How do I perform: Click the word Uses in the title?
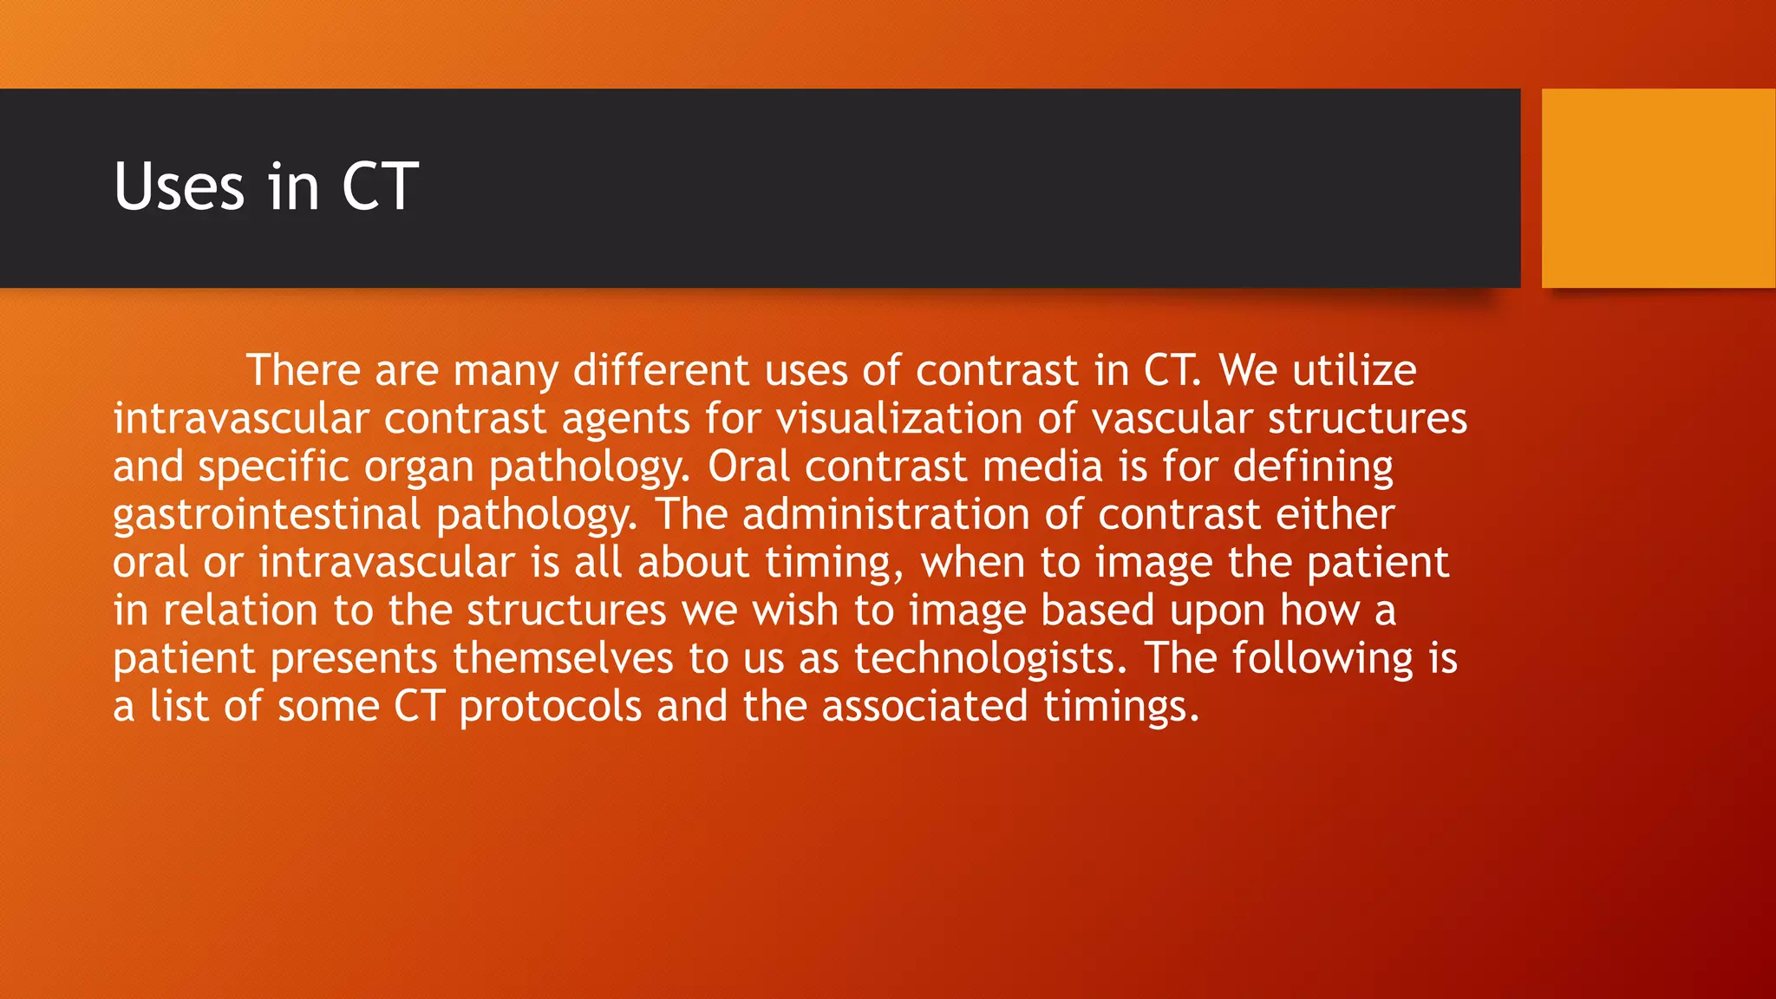point(180,187)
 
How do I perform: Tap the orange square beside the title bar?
point(1657,188)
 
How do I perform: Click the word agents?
point(625,419)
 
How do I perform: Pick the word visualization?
point(899,419)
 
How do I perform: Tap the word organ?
point(419,468)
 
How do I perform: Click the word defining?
point(1313,467)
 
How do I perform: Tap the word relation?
point(241,610)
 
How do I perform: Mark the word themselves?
point(563,658)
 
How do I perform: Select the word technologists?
point(990,658)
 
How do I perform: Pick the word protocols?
point(551,707)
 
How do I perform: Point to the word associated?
point(925,706)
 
